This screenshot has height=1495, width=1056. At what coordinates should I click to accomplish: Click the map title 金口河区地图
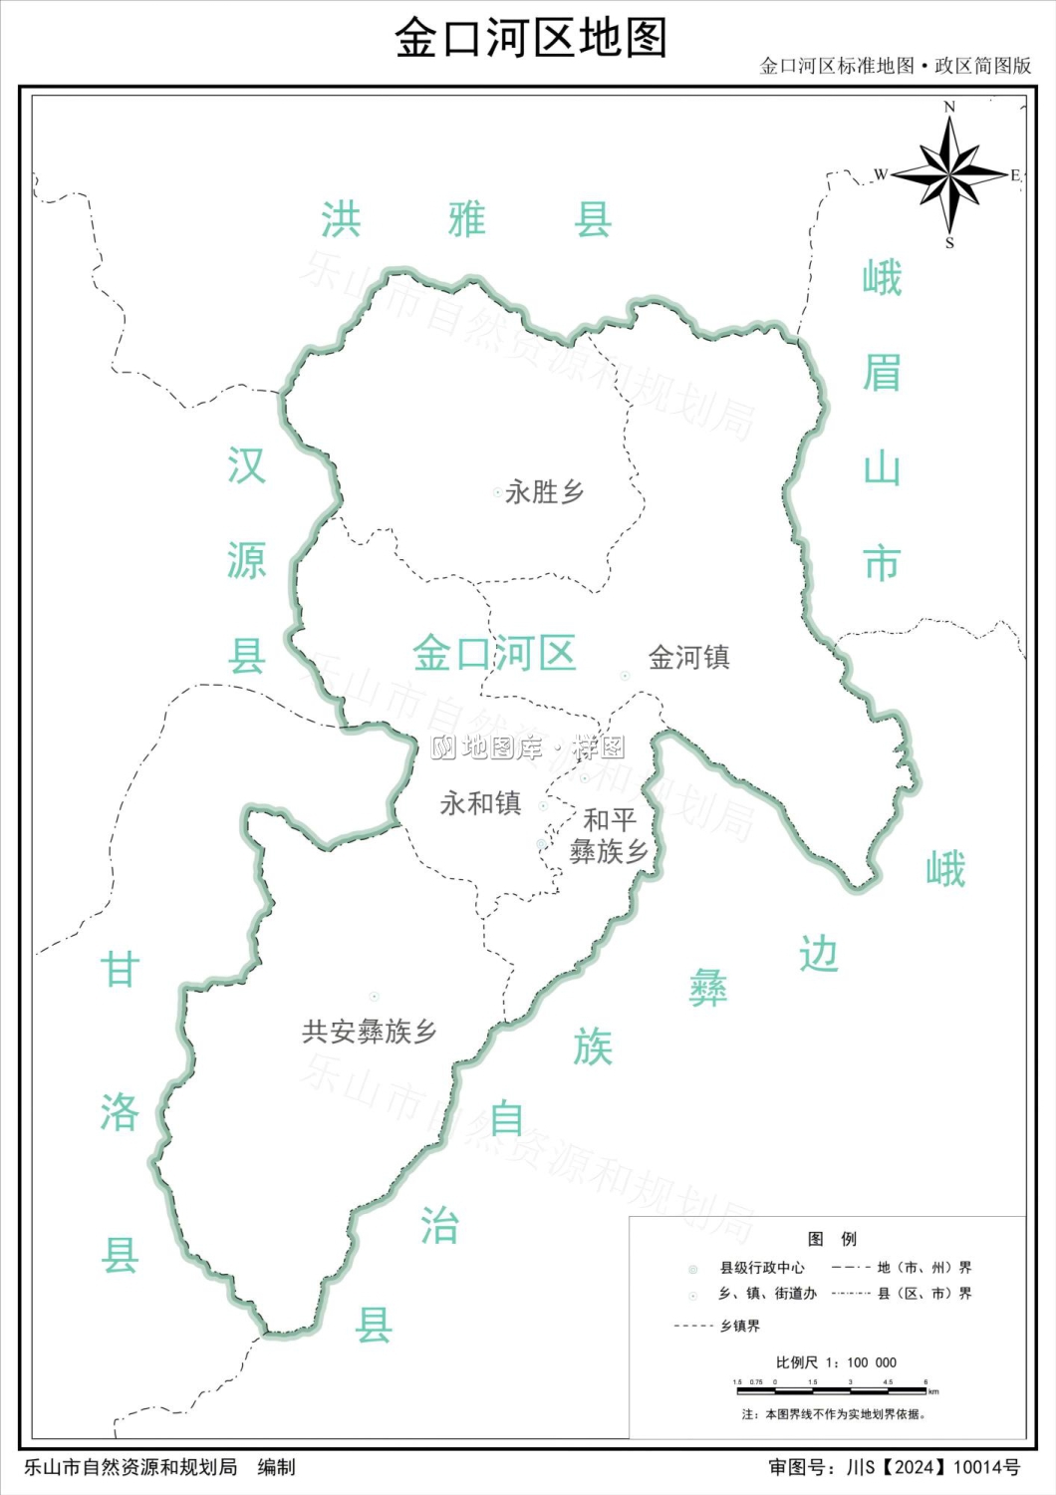(x=530, y=39)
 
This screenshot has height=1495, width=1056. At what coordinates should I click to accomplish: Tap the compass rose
(x=949, y=174)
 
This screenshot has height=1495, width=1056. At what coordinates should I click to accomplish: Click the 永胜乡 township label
(x=544, y=491)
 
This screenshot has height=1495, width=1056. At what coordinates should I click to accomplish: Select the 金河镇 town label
(x=688, y=657)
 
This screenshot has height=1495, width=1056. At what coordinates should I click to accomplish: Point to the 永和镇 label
(x=480, y=802)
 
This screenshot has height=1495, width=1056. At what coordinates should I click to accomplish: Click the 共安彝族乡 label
(x=370, y=1031)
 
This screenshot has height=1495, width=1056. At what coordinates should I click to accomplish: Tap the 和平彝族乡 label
(x=609, y=835)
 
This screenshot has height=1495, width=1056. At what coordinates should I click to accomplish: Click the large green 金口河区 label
(x=494, y=654)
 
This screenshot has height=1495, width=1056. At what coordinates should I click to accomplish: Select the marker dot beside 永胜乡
(x=497, y=491)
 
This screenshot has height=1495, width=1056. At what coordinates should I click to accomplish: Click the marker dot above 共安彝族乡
(x=375, y=996)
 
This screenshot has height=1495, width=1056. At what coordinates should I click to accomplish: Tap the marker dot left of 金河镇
(x=625, y=676)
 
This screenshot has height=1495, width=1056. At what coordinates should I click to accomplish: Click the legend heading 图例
(x=832, y=1239)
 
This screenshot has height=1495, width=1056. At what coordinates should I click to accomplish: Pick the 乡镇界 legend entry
(x=739, y=1326)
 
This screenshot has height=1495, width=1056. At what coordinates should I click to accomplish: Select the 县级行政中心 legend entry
(x=762, y=1268)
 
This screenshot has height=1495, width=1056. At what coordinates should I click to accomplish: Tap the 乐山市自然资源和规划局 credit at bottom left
(x=131, y=1467)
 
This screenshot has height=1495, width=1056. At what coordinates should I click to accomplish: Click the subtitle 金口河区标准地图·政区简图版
(x=895, y=66)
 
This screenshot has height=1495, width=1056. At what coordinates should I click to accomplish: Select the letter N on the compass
(x=949, y=107)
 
